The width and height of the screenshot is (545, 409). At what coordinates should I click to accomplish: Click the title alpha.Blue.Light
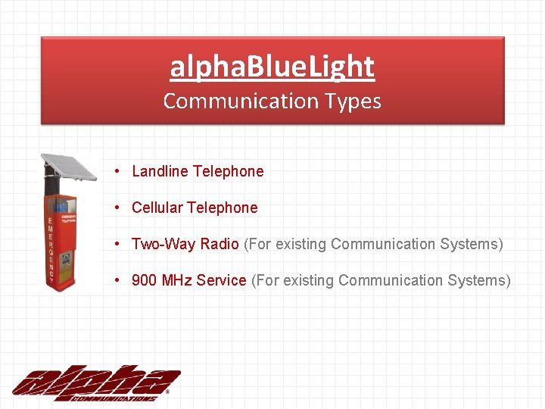click(x=272, y=67)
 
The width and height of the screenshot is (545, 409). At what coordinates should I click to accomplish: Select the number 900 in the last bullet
click(x=144, y=280)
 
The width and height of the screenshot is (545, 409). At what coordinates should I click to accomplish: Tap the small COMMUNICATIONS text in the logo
click(x=114, y=397)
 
